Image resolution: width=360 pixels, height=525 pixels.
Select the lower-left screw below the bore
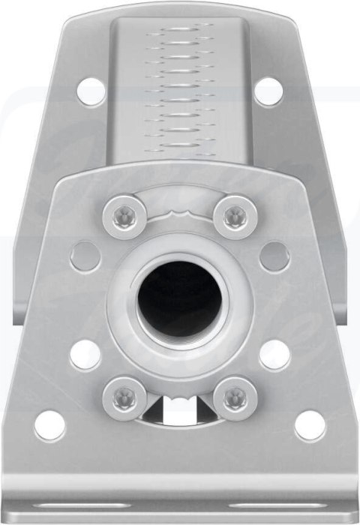click(x=124, y=395)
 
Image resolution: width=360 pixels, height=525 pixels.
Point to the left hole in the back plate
click(x=91, y=91)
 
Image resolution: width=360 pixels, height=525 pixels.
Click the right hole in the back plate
click(x=268, y=91)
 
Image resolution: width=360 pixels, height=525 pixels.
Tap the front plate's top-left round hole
click(x=85, y=256)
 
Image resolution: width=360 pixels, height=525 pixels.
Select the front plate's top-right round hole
click(x=274, y=256)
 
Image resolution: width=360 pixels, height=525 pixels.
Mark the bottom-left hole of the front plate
click(x=49, y=424)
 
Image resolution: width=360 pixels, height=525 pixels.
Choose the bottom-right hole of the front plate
click(x=310, y=424)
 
